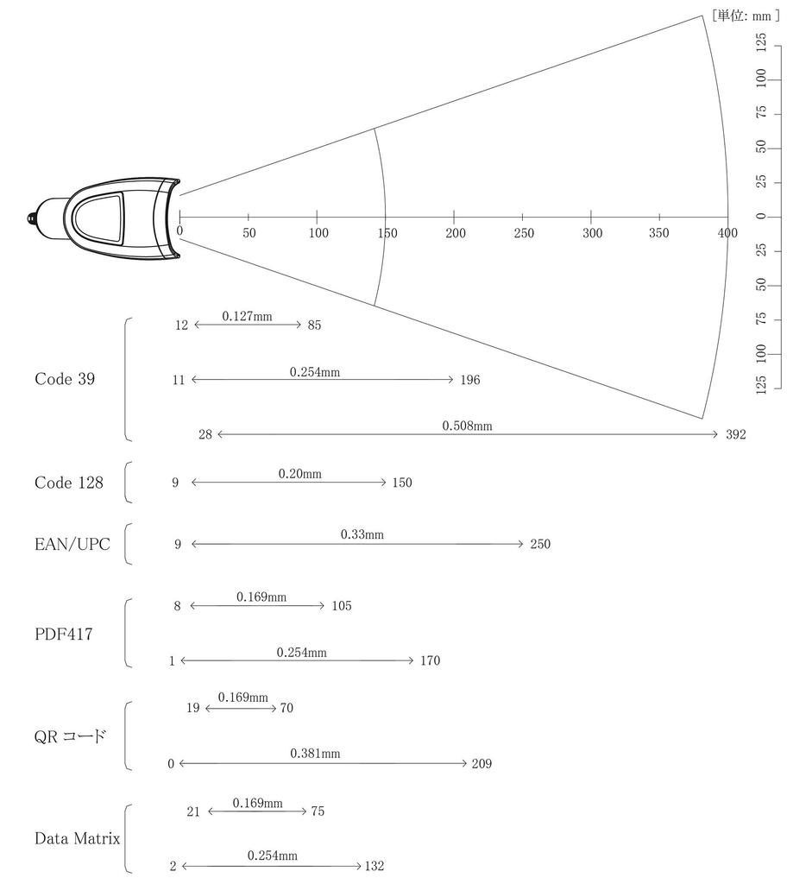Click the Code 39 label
pyautogui.click(x=65, y=379)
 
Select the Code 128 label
pyautogui.click(x=69, y=483)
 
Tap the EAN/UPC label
pyautogui.click(x=72, y=544)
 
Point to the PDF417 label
pyautogui.click(x=64, y=635)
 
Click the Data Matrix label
pyautogui.click(x=77, y=838)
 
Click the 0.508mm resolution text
pyautogui.click(x=467, y=426)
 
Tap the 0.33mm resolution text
pyautogui.click(x=362, y=534)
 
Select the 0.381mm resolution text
pyautogui.click(x=315, y=754)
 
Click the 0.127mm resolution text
pyautogui.click(x=247, y=316)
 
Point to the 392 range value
pyautogui.click(x=736, y=434)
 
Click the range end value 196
pyautogui.click(x=470, y=380)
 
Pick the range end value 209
pyautogui.click(x=482, y=764)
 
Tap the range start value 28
pyautogui.click(x=205, y=434)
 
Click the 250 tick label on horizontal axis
pyautogui.click(x=524, y=233)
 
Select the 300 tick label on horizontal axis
pyautogui.click(x=592, y=233)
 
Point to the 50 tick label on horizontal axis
pyautogui.click(x=249, y=233)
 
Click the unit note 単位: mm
pyautogui.click(x=745, y=16)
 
